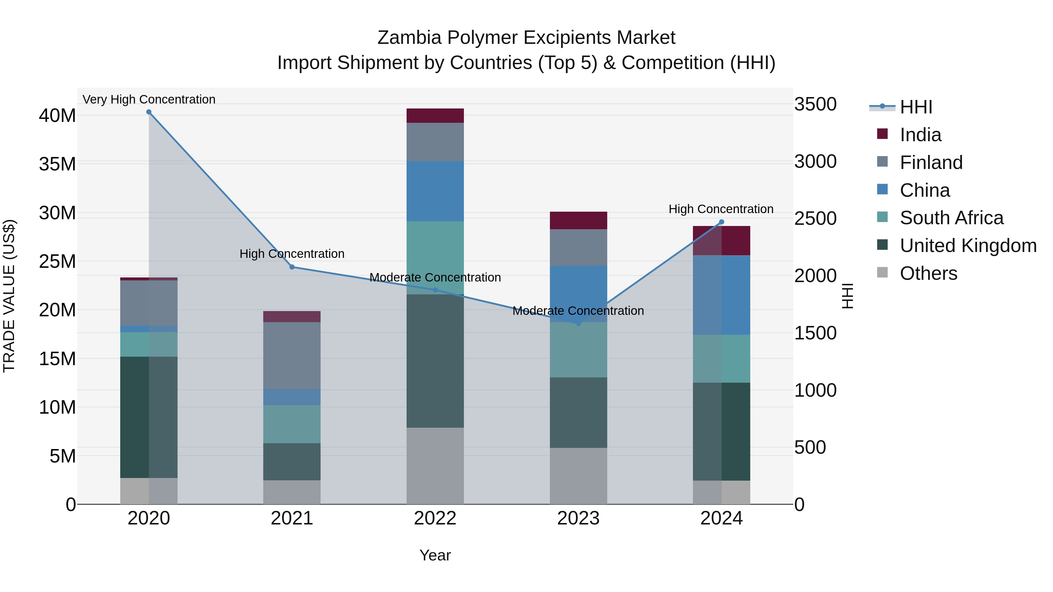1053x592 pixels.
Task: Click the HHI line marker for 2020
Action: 149,112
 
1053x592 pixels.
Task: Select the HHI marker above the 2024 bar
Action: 722,222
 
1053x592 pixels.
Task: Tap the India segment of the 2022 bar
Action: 435,115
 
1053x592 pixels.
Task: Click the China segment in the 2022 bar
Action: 435,191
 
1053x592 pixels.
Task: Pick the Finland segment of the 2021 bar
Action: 292,355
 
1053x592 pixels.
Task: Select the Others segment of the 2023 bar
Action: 578,476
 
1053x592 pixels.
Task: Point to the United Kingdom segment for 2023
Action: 578,412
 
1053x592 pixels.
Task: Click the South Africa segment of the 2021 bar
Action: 292,424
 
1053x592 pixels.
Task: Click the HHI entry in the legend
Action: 916,107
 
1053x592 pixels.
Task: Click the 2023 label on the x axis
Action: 578,518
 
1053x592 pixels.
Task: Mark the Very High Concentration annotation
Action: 149,99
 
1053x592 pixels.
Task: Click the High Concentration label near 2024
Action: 721,209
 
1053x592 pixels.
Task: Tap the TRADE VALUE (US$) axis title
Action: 9,296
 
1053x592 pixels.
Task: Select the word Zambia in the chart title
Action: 409,38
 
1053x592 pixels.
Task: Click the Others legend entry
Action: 928,273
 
